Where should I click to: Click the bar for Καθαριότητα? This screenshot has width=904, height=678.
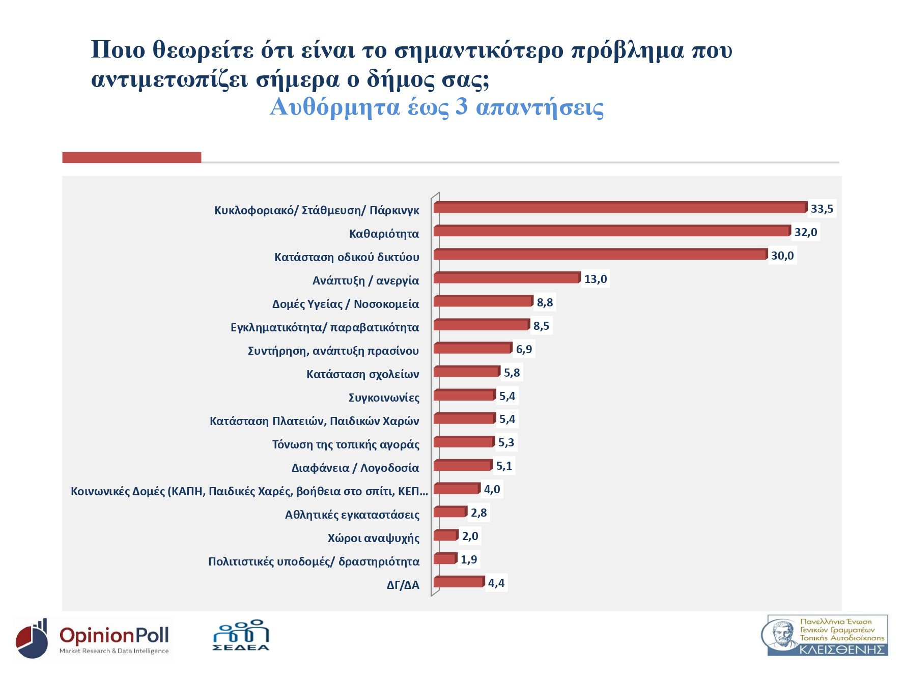[612, 232]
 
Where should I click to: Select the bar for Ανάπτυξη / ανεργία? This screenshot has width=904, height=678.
[506, 278]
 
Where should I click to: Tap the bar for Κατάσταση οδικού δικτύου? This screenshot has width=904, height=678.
[600, 255]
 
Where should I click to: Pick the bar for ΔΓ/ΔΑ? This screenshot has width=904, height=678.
[458, 582]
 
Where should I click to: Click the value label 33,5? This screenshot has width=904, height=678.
[822, 209]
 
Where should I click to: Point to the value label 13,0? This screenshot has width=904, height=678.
[595, 279]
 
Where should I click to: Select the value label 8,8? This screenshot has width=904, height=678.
[544, 302]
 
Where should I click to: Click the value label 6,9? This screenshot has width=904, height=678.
[523, 349]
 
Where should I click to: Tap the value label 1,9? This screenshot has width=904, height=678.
[468, 559]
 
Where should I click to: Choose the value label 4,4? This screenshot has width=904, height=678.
[496, 583]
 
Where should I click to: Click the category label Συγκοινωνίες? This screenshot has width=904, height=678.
[384, 398]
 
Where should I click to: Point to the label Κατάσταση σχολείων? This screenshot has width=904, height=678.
[362, 374]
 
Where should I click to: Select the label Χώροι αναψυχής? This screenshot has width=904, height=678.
[373, 538]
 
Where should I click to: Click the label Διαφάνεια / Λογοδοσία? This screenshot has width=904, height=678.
[355, 468]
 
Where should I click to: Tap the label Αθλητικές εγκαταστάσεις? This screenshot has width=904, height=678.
[352, 515]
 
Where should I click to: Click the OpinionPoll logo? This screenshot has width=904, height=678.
[93, 638]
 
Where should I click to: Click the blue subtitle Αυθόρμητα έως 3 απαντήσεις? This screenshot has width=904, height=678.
[436, 107]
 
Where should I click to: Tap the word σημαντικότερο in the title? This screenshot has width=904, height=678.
[479, 50]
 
